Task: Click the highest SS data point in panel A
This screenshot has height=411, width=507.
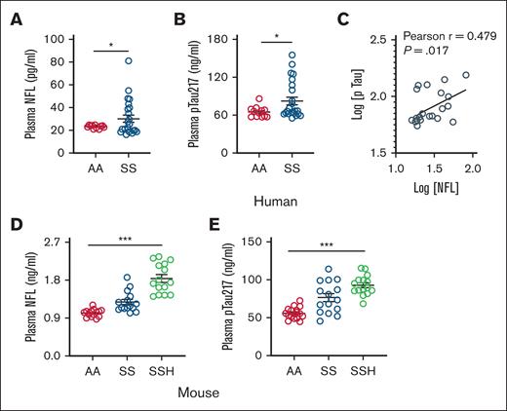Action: (x=128, y=60)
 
